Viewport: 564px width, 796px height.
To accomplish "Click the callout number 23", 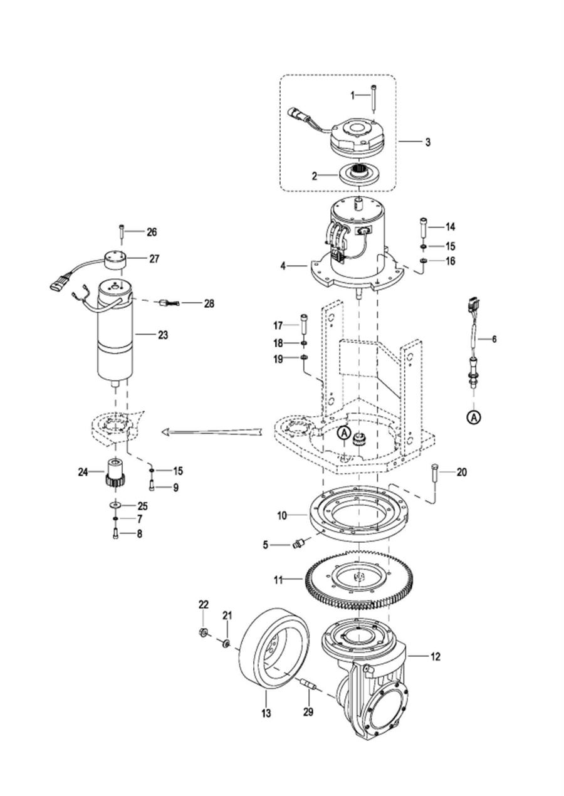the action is (x=163, y=335).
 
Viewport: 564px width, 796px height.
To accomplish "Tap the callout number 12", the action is (x=436, y=657).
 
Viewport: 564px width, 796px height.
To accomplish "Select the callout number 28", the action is (x=209, y=303).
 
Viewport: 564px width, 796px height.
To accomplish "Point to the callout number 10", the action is (x=282, y=515).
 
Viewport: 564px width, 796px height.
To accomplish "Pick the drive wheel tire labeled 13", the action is (x=273, y=651).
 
